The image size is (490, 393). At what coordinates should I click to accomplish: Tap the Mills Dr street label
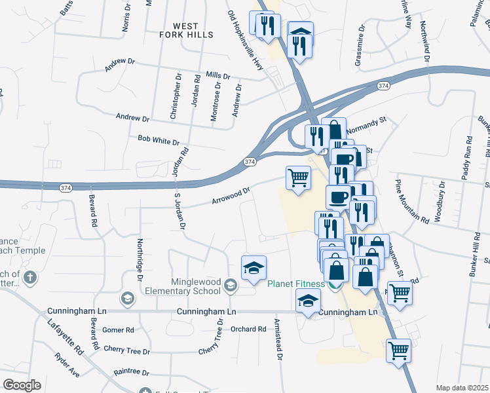(218, 76)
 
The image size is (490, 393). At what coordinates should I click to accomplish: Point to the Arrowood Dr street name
(231, 195)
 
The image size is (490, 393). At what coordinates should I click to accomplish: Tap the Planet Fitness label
(295, 284)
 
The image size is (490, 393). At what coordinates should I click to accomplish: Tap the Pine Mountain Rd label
(411, 202)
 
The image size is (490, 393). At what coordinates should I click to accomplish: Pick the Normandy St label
(368, 124)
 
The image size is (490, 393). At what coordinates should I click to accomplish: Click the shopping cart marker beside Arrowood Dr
(298, 178)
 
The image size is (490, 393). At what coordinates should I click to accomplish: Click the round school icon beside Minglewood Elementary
(230, 285)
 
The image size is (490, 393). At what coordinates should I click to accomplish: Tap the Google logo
(22, 385)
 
